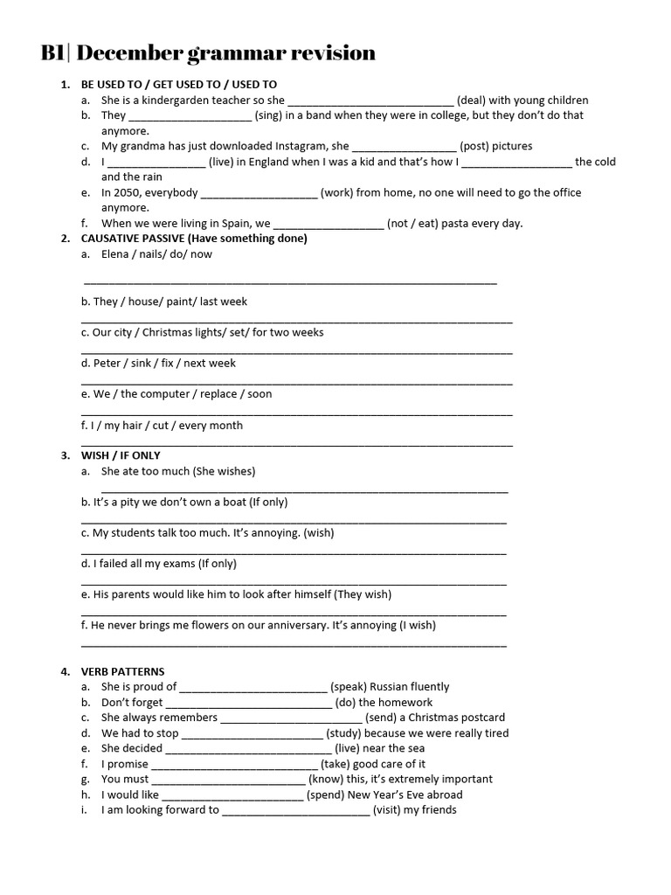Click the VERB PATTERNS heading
pos(122,671)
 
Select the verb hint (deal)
pos(472,101)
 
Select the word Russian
pos(391,687)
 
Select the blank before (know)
pos(228,780)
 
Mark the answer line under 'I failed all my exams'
pos(294,582)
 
